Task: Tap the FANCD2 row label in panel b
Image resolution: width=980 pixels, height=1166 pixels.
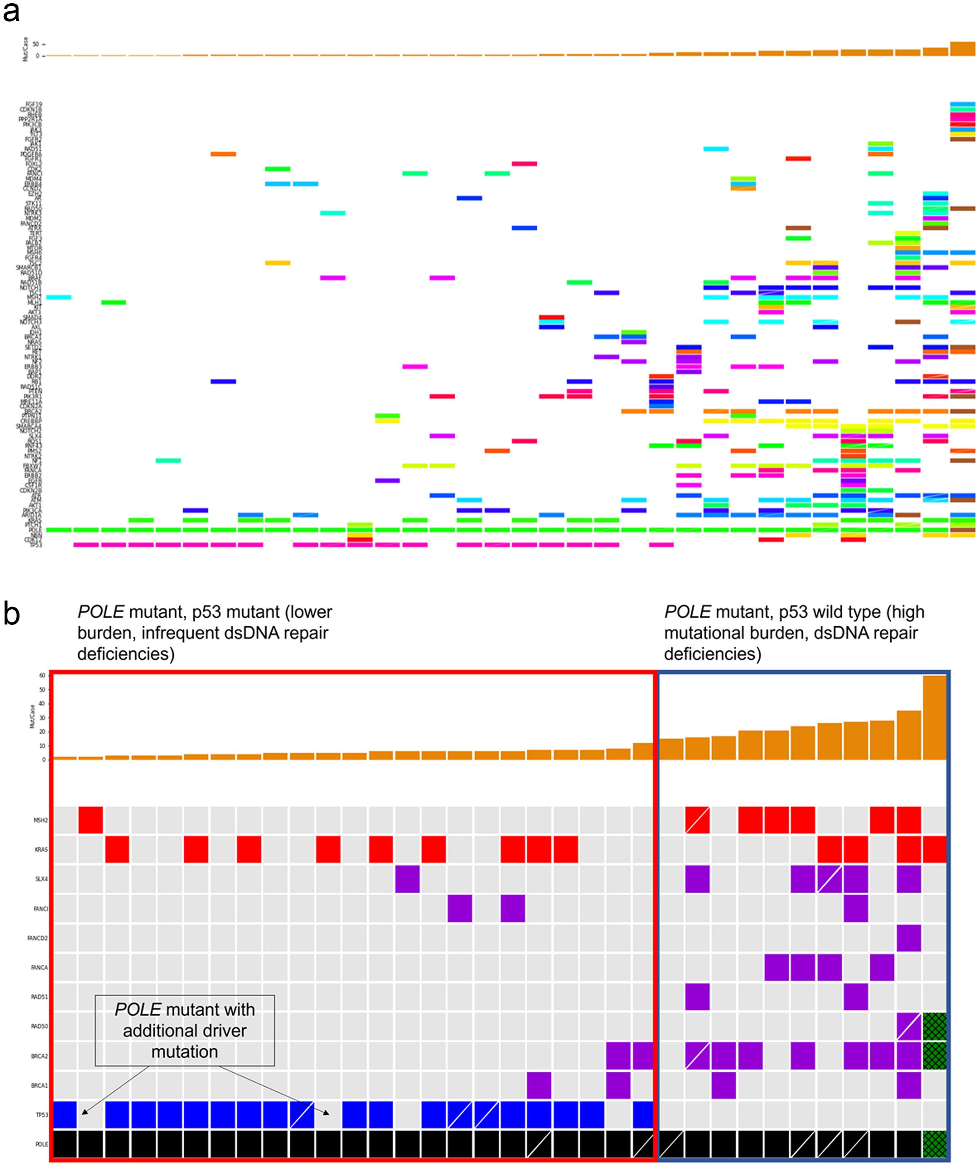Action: click(38, 938)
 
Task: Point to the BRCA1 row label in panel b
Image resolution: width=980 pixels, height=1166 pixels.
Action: click(39, 1085)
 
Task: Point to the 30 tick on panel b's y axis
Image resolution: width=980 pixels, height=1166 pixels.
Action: click(41, 718)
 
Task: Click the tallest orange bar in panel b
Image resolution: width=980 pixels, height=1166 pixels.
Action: click(934, 717)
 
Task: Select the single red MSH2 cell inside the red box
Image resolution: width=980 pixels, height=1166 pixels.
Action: click(90, 820)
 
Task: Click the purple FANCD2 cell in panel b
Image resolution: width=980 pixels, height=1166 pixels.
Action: click(908, 938)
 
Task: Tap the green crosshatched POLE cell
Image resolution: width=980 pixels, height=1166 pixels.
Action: click(934, 1144)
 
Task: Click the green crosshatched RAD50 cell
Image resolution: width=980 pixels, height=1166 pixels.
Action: click(934, 1027)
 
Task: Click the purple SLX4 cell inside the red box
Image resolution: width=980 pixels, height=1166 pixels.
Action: click(407, 879)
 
